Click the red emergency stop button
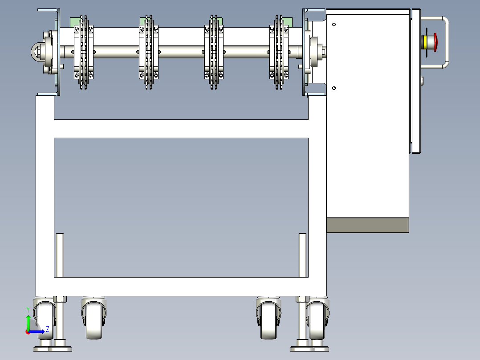tap(435, 42)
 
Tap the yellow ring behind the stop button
tap(425, 42)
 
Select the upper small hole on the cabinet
tap(334, 25)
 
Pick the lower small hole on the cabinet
tap(334, 88)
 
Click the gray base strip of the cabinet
tap(368, 225)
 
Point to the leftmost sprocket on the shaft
tap(84, 52)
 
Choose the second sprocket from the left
tap(149, 52)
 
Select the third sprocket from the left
tap(214, 52)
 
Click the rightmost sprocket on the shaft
tap(279, 52)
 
